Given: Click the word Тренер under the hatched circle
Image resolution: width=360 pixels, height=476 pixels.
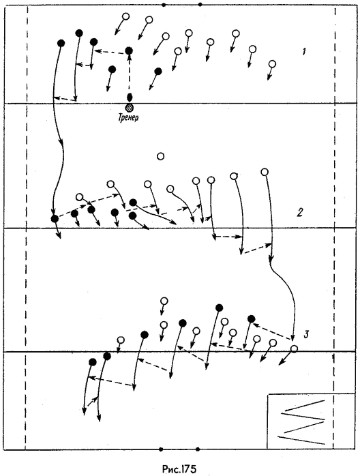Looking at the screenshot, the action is point(128,117).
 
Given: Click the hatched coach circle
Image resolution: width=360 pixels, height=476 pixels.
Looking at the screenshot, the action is point(129,107).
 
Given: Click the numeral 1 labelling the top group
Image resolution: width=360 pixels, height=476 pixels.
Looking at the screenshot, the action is point(303,52).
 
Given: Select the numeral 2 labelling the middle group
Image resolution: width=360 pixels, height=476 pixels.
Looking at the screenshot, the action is point(300,213).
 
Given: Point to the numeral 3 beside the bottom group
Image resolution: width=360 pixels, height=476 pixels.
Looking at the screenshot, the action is point(306,335).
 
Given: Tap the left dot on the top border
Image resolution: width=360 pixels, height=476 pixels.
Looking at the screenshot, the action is point(164,5).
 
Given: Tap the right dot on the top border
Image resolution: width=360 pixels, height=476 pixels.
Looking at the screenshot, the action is point(199,5).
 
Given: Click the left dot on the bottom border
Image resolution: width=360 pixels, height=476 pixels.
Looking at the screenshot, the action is point(161,449).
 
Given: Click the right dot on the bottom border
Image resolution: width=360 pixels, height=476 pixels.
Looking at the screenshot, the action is point(198,449).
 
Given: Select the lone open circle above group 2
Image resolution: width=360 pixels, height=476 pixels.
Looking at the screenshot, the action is point(161,156).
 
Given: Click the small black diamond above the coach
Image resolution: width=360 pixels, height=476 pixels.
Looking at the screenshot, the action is point(130,98).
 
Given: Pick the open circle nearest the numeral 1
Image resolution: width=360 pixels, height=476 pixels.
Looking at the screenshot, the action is point(273,63).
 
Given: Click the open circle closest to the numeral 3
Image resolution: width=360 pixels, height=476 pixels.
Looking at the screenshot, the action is point(294,348).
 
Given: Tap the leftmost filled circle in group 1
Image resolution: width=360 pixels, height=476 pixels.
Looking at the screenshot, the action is point(61,43).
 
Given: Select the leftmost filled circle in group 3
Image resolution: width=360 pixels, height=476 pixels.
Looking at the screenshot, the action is point(93,362).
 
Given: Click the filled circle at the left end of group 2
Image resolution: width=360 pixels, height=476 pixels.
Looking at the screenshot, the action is point(55,218).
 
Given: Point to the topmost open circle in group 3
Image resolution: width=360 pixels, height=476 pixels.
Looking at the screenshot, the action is point(164,301).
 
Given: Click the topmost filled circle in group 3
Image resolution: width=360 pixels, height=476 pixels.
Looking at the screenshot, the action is point(219,308).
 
